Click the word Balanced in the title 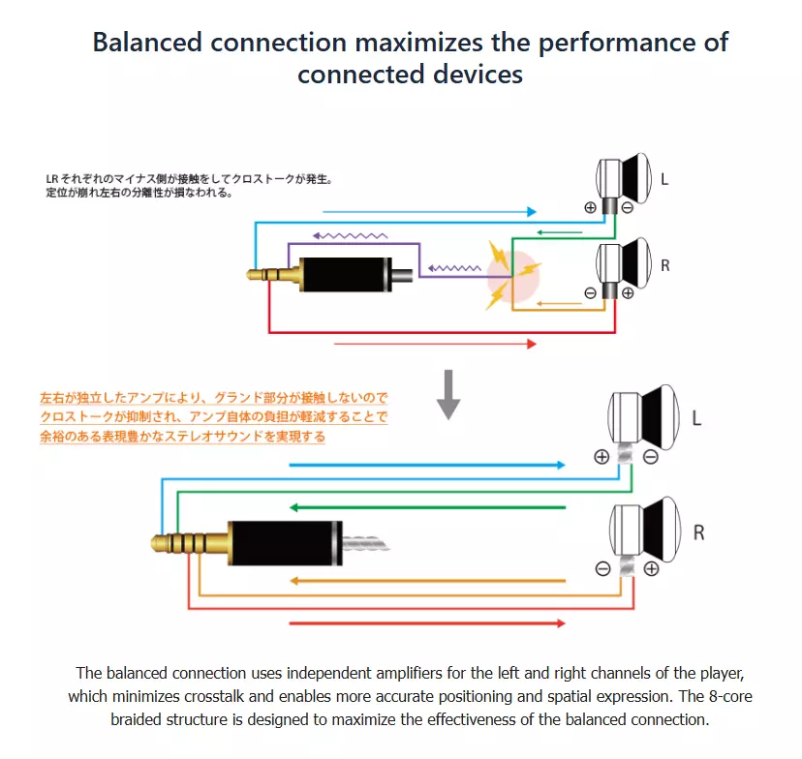point(147,42)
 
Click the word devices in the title point(478,75)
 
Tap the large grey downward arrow point(448,395)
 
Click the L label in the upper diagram point(664,179)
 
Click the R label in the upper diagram point(664,266)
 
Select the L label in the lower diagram point(696,418)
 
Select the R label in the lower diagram point(698,532)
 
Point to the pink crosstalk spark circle point(513,276)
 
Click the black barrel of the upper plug point(346,275)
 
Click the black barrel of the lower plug point(285,543)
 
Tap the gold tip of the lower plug point(160,543)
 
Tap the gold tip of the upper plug point(252,275)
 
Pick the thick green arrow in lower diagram point(427,507)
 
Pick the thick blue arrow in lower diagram point(427,465)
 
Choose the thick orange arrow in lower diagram point(427,581)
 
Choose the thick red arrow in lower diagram point(427,623)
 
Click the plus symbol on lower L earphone point(601,457)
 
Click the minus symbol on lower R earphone point(603,569)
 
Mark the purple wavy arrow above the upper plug point(350,235)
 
